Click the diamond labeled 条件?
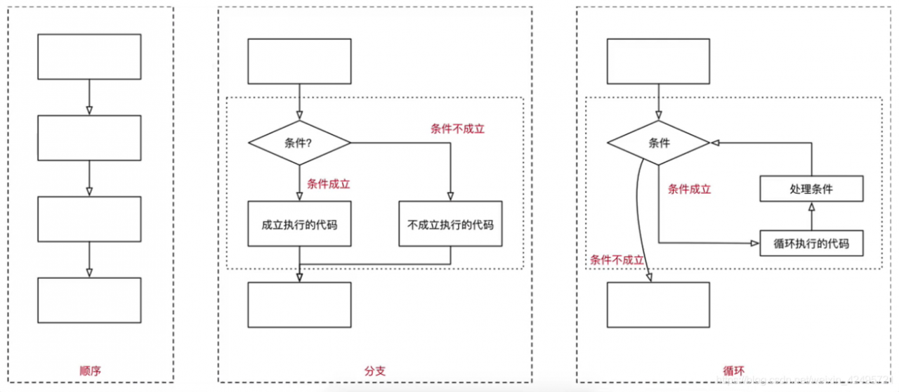click(299, 143)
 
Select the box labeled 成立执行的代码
click(299, 225)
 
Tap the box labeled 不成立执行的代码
click(450, 225)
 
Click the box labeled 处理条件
click(811, 189)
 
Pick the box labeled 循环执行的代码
click(811, 244)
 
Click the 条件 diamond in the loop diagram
click(659, 143)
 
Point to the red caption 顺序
click(89, 370)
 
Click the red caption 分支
click(374, 370)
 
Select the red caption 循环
click(733, 370)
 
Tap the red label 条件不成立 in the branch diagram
click(457, 129)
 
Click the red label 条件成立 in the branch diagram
click(328, 184)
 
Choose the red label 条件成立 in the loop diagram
click(689, 189)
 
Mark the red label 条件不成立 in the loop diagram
click(617, 260)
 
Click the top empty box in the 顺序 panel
click(89, 56)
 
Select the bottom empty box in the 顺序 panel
click(89, 300)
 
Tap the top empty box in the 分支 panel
click(299, 61)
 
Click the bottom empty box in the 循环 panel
click(659, 304)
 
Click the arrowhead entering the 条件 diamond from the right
click(716, 143)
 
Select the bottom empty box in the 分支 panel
click(299, 304)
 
